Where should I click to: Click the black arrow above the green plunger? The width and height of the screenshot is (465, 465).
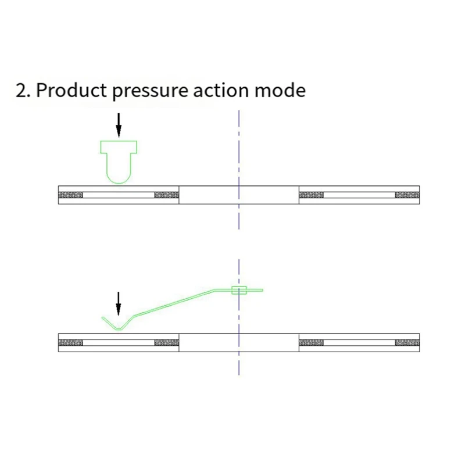(119, 124)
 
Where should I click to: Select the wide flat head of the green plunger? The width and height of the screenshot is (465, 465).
(119, 147)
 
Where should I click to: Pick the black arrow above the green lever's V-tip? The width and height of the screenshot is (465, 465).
(119, 303)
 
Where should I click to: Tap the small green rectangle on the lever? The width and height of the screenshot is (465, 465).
(239, 290)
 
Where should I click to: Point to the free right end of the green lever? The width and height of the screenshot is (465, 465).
(260, 290)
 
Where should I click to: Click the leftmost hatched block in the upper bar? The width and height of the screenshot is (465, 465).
(71, 195)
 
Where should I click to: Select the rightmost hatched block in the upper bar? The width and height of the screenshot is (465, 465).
(407, 195)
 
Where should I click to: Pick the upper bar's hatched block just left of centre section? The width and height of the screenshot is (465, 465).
(166, 195)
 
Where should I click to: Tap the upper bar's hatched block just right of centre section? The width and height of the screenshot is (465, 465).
(311, 195)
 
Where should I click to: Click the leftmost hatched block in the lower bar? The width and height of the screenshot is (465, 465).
(71, 342)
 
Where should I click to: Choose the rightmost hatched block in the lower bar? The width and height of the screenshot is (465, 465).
(407, 342)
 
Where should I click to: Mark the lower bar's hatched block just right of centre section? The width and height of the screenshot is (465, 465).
(311, 342)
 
